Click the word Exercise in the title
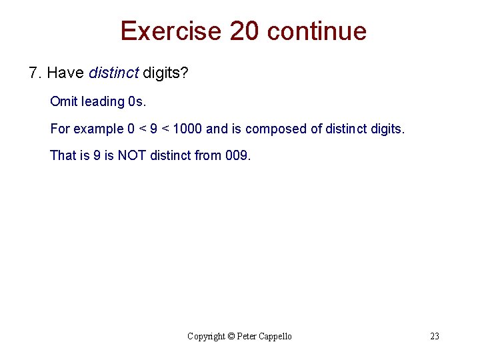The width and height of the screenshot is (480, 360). coord(170,31)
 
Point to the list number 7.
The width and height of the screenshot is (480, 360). coord(35,72)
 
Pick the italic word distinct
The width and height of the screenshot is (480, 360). coord(113,72)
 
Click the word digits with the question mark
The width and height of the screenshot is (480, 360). coord(165,73)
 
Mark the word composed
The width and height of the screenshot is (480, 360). coord(277,129)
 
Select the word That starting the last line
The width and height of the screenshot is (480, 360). coord(63,155)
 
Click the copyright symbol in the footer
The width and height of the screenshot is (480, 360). coord(232,336)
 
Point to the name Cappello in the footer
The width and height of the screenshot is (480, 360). coord(274,336)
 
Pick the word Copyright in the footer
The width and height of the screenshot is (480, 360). coord(207,336)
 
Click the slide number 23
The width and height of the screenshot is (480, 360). coord(435,336)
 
